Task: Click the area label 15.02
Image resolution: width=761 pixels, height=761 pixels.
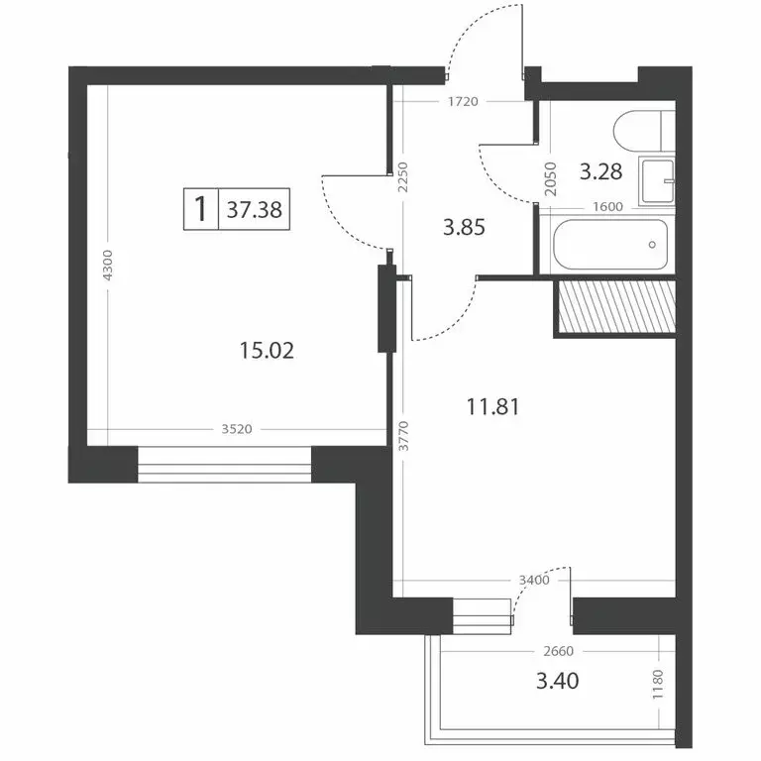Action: click(269, 349)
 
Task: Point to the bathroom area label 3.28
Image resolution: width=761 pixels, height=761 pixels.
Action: click(601, 172)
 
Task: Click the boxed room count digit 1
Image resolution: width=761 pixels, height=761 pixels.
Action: click(201, 210)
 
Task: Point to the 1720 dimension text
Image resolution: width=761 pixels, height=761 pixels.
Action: click(464, 101)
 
